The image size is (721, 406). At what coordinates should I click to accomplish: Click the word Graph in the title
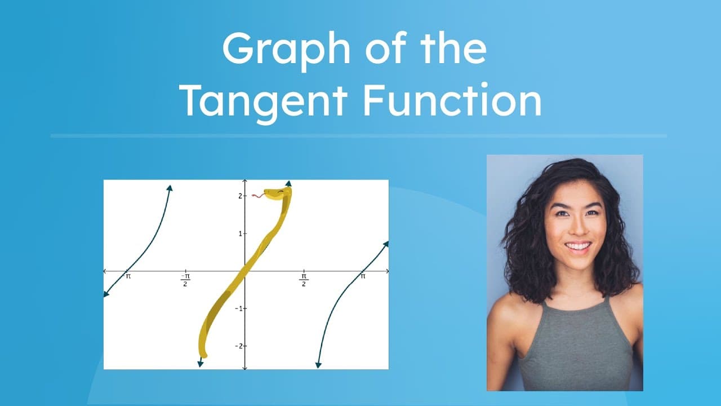[286, 50]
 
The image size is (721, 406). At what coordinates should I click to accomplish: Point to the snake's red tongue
[257, 196]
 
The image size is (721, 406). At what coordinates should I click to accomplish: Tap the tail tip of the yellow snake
[204, 355]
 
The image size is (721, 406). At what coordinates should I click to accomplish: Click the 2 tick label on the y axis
[239, 196]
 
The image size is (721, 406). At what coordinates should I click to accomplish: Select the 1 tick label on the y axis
[239, 233]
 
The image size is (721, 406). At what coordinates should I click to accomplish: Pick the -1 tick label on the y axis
[238, 308]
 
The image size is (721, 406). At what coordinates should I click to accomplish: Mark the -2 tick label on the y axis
[238, 346]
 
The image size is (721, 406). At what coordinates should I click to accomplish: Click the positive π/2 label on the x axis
[304, 280]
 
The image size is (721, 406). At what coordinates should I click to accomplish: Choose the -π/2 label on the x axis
[185, 280]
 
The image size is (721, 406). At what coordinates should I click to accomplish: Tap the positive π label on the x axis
[363, 277]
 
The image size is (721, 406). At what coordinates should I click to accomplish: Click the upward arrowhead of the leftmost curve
[170, 188]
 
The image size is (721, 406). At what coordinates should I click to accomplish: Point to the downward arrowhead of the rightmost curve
[318, 365]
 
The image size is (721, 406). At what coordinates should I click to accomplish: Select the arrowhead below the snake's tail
[201, 364]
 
